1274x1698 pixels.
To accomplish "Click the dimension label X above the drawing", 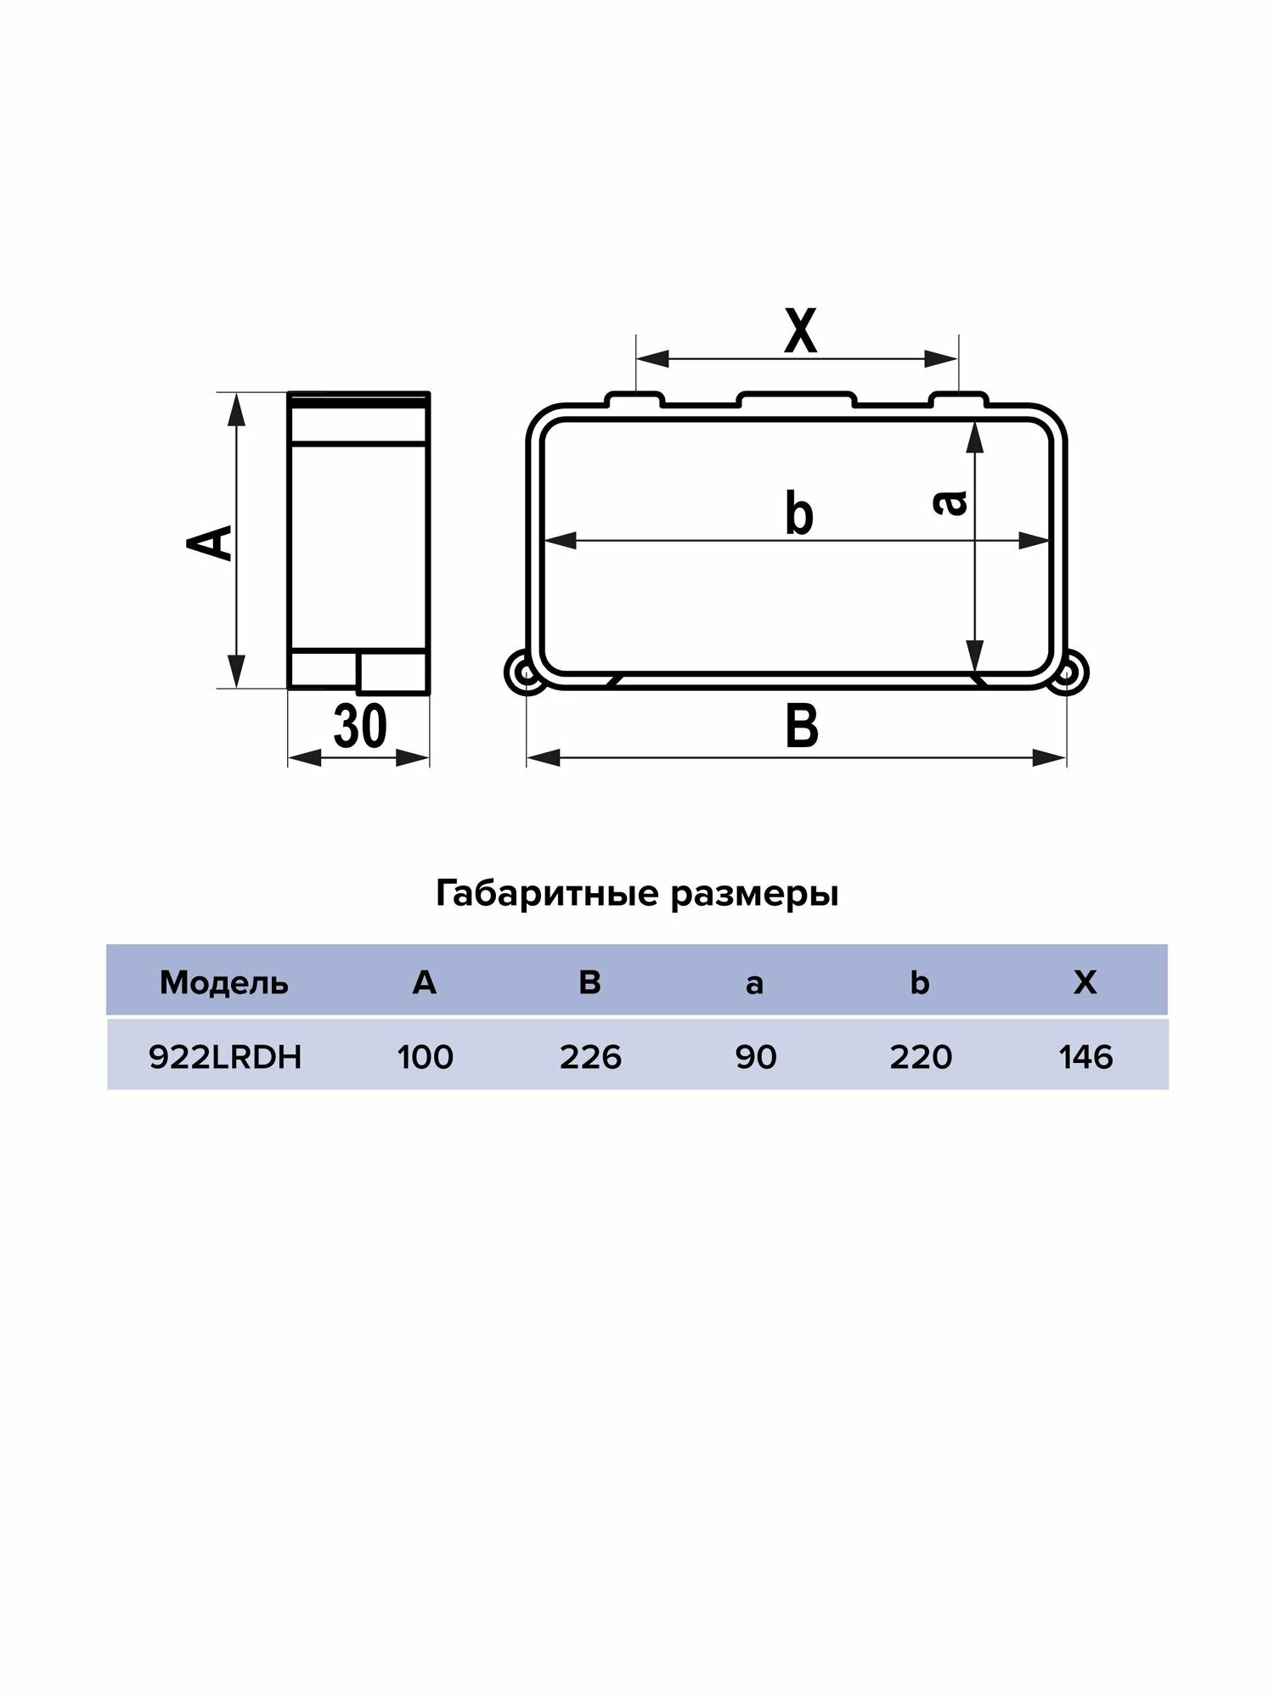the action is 799,332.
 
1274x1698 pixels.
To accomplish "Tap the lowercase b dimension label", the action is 799,514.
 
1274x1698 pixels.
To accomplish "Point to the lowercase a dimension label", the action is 950,502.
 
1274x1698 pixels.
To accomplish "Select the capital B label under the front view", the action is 801,727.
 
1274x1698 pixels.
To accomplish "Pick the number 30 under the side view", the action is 360,727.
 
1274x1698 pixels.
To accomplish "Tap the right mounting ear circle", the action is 1069,673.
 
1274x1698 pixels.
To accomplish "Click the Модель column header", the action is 224,983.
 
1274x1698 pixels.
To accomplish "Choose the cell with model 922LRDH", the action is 225,1057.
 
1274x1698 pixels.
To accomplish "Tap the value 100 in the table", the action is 425,1057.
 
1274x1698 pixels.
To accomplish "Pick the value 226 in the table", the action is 590,1057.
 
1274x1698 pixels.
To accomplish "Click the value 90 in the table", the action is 755,1057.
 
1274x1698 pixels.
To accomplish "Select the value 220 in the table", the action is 921,1057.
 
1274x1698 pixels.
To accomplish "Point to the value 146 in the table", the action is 1085,1057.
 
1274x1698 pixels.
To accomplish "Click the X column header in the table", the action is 1085,982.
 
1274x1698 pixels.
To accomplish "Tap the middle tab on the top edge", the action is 797,398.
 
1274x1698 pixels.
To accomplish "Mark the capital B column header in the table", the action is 589,982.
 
